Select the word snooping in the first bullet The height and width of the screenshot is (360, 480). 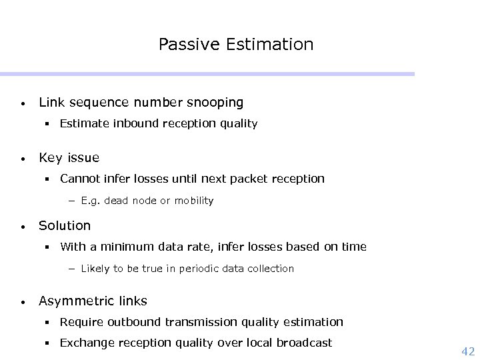pos(215,103)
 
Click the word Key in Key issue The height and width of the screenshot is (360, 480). pos(50,158)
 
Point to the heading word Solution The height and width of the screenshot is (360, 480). pos(65,225)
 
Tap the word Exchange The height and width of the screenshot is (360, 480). pos(85,343)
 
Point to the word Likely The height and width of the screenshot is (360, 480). pos(95,269)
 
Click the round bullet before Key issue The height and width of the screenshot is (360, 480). pos(23,159)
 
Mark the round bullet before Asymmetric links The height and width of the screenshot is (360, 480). pos(23,303)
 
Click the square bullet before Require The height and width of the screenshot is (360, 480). pos(49,323)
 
